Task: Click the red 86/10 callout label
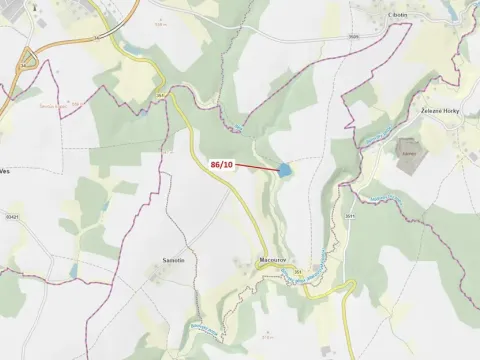click(222, 163)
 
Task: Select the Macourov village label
click(273, 261)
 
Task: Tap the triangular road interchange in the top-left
click(29, 62)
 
